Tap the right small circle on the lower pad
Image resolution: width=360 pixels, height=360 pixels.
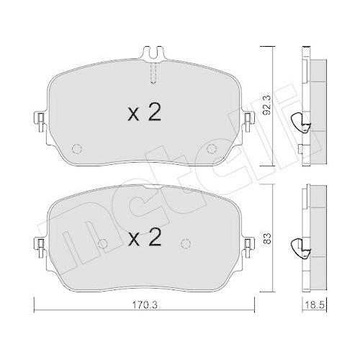pos(186,242)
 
